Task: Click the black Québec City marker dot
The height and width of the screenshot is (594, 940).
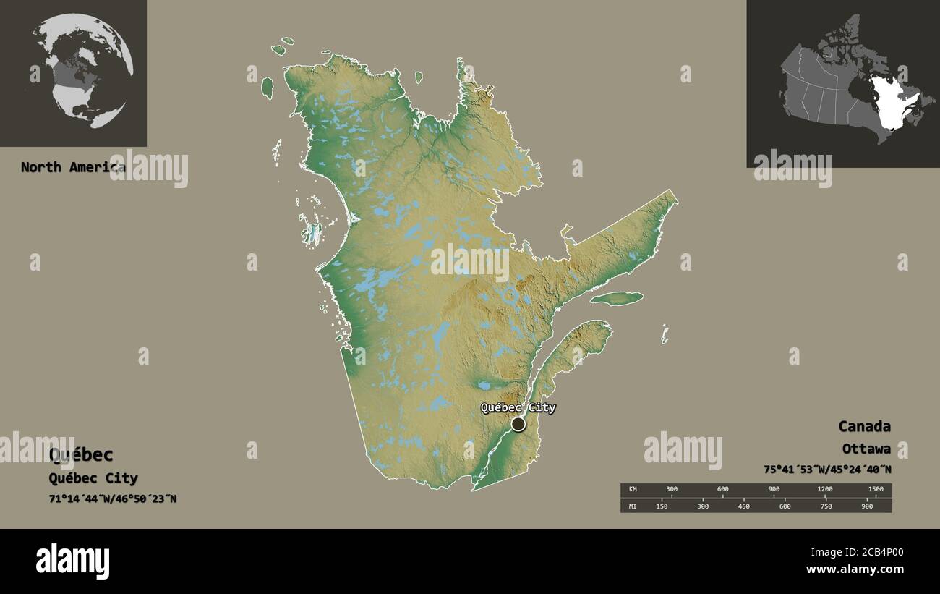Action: click(x=518, y=424)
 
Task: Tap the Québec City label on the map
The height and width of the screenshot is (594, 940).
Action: click(x=518, y=407)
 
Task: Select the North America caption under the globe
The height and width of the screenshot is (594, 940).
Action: click(x=72, y=167)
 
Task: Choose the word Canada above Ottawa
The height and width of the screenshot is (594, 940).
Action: click(x=864, y=426)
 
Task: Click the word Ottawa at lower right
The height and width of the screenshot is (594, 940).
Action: click(x=866, y=449)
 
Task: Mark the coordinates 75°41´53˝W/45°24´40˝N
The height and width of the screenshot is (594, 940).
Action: click(x=827, y=470)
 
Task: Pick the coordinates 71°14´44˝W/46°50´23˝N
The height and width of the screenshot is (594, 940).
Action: click(x=112, y=499)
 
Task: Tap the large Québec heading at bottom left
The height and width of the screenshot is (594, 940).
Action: click(x=81, y=455)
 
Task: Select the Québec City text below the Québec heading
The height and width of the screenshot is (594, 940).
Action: click(x=93, y=478)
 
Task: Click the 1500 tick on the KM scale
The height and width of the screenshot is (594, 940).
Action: click(x=875, y=490)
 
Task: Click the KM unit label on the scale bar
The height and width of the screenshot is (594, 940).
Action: click(x=633, y=490)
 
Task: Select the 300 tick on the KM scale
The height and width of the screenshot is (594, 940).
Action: click(x=672, y=490)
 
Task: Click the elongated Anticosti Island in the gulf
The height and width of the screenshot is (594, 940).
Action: click(x=616, y=298)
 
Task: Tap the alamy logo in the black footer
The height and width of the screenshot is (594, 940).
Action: click(x=72, y=561)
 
